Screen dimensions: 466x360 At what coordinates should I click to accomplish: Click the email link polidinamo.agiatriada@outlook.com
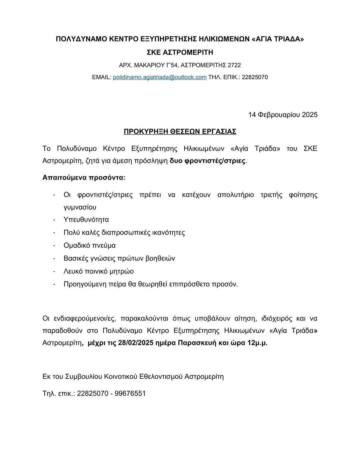point(160,77)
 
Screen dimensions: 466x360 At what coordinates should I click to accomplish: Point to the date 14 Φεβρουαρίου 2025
point(283,115)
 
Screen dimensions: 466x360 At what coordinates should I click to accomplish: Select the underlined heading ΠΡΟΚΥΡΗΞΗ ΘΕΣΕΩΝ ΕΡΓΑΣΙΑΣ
point(180,131)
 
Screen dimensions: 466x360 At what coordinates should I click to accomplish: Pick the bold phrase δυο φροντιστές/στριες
point(208,161)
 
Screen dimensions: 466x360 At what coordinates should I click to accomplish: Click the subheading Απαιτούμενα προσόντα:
point(84,177)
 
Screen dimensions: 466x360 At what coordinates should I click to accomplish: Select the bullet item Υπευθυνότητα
point(86,219)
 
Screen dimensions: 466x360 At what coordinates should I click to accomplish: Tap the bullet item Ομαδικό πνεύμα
point(89,246)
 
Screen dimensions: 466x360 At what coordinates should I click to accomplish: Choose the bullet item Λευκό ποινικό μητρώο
point(98,271)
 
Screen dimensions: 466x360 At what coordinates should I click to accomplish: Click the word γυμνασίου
point(80,207)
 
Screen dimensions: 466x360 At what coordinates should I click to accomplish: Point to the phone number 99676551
point(130,393)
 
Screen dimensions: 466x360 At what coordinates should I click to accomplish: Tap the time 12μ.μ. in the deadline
point(257,343)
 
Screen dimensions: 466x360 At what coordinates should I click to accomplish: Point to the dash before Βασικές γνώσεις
point(54,259)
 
